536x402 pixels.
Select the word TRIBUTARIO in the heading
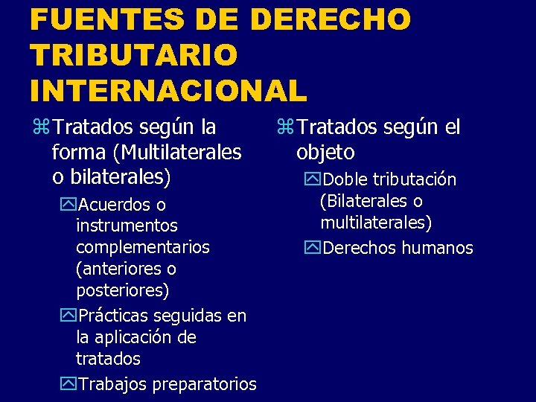click(x=134, y=54)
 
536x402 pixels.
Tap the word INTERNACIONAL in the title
click(x=168, y=90)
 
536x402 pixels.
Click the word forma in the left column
click(x=79, y=153)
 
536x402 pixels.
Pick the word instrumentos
click(x=127, y=225)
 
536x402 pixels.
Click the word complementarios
click(x=143, y=246)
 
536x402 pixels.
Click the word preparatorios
click(x=204, y=384)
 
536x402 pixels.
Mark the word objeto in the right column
click(x=325, y=153)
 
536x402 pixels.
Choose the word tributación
click(x=414, y=179)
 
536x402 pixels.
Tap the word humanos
click(x=438, y=248)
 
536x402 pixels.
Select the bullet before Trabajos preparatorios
click(x=68, y=384)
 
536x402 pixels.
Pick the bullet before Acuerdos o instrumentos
click(x=68, y=204)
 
